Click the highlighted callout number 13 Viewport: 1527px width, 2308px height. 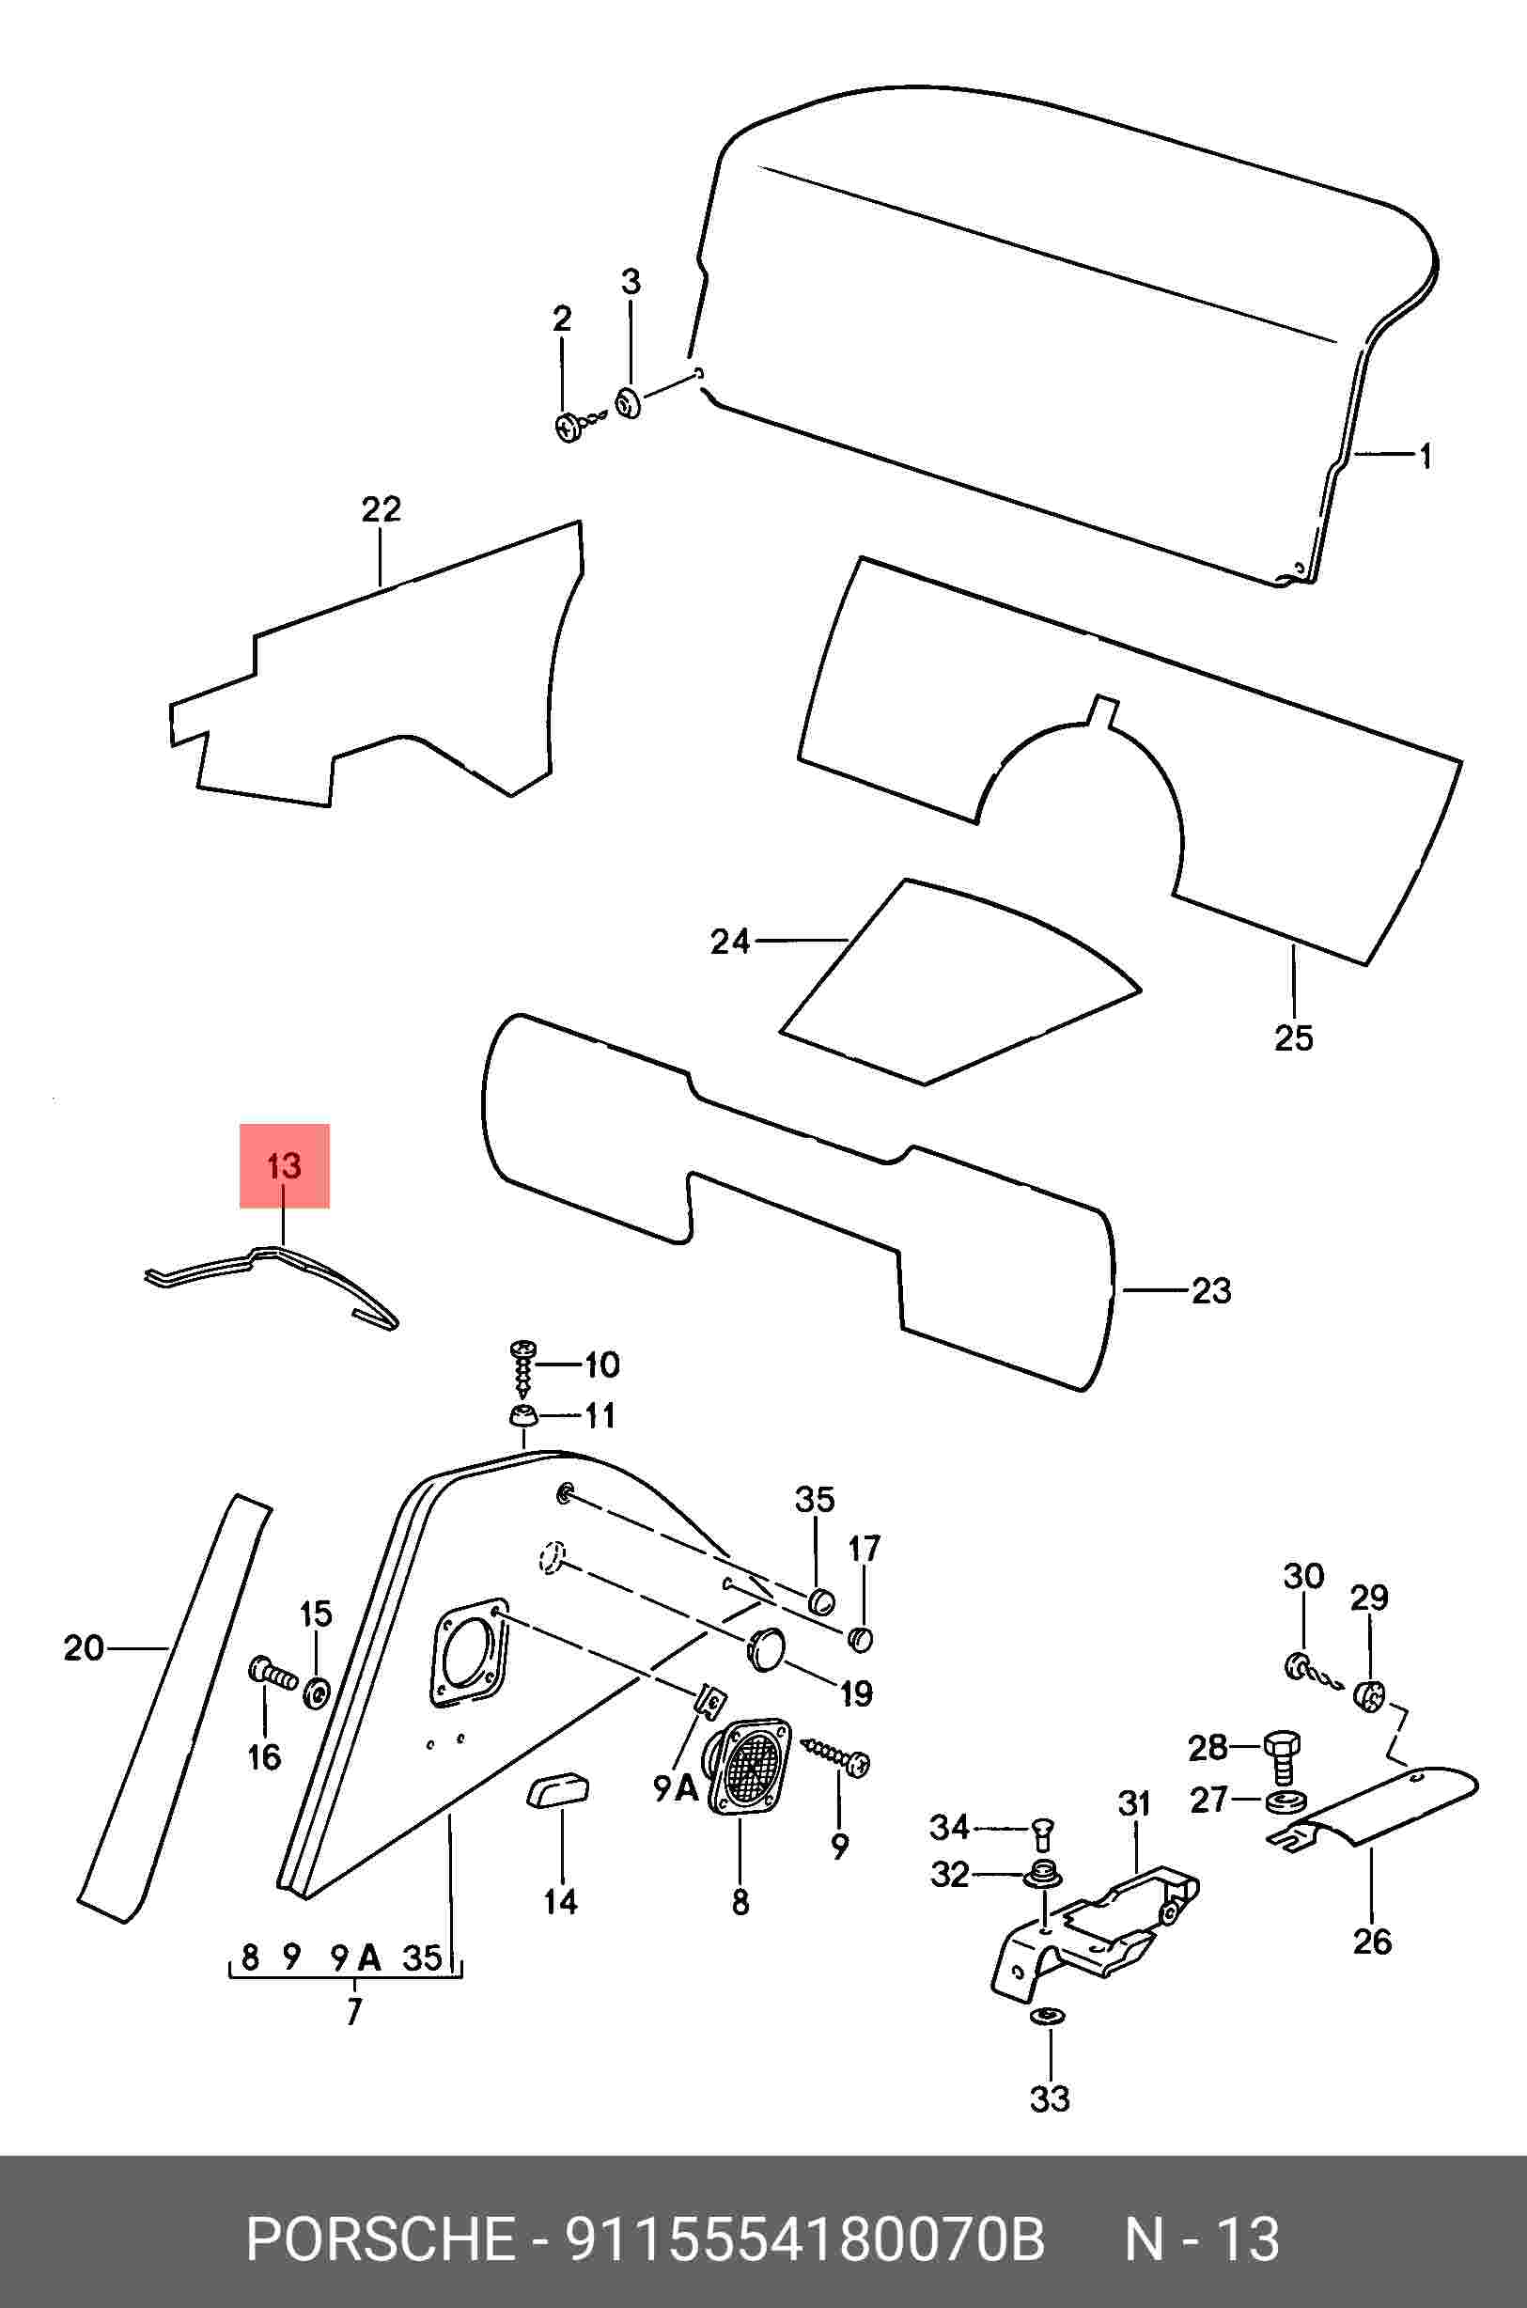click(x=285, y=1165)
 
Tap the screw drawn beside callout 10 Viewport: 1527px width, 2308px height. click(x=523, y=1368)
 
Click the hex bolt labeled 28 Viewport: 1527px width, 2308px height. click(x=1282, y=1753)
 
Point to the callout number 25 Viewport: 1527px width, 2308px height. click(x=1293, y=1038)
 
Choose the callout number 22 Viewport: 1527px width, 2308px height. click(x=381, y=509)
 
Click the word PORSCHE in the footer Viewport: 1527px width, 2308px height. click(x=381, y=2233)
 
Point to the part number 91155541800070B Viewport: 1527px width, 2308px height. click(x=805, y=2233)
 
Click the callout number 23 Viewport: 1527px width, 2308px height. click(x=1211, y=1291)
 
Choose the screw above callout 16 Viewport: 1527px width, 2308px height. click(x=270, y=1672)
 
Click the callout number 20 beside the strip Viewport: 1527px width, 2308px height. click(x=84, y=1648)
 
